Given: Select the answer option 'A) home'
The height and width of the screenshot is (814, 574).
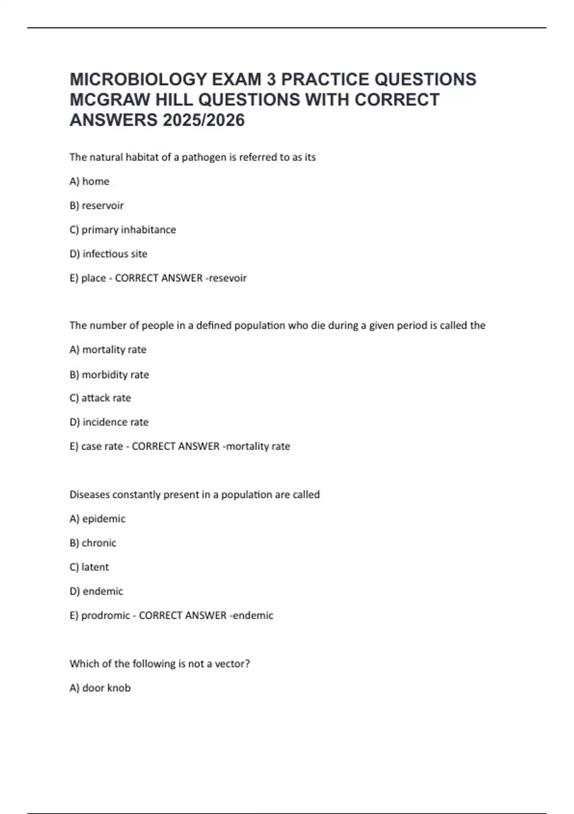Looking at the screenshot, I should click(x=89, y=181).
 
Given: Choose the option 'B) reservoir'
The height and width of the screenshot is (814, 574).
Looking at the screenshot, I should click(x=97, y=205).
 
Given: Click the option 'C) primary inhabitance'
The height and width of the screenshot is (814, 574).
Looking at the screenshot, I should click(x=123, y=230).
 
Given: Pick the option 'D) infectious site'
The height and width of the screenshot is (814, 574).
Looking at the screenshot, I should click(x=109, y=254).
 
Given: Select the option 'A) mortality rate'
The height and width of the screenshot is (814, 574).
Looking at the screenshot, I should click(x=108, y=350).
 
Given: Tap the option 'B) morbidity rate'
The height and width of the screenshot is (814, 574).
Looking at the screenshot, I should click(x=110, y=374).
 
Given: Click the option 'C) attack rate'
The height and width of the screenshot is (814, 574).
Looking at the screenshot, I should click(x=100, y=398).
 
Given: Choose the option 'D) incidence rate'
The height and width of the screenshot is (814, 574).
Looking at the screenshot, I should click(x=109, y=422).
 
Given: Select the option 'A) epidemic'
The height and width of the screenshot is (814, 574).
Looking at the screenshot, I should click(x=98, y=519).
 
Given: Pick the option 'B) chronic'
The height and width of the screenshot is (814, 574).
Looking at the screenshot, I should click(x=93, y=543).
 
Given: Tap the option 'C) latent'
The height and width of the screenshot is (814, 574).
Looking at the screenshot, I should click(x=89, y=567).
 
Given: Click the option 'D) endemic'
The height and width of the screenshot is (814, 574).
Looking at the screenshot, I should click(x=97, y=591).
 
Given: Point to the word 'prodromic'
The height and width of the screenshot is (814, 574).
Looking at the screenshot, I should click(x=105, y=616).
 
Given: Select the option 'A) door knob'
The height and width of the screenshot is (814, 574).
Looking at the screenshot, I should click(x=100, y=688).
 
